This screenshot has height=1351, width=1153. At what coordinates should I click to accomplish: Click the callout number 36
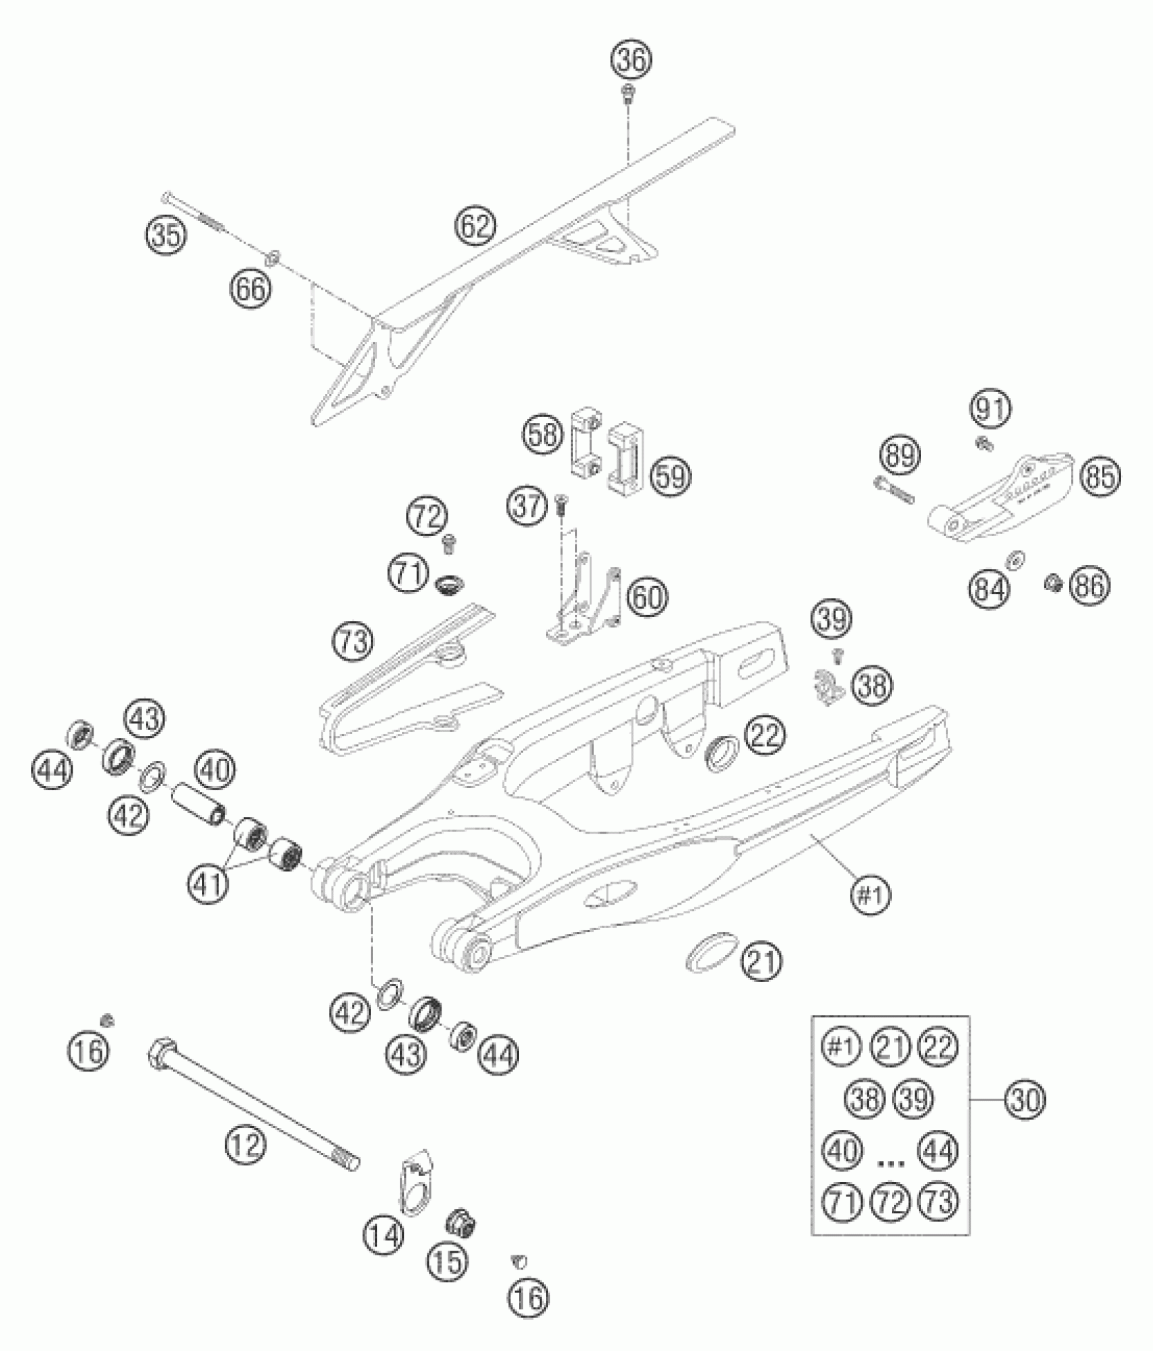pos(631,60)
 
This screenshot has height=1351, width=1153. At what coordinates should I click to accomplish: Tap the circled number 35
pos(165,236)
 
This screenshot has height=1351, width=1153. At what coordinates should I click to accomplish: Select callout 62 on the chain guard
pos(475,226)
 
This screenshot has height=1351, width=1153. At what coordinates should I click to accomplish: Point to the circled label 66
pos(249,290)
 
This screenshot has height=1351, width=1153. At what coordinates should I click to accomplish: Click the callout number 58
pos(543,435)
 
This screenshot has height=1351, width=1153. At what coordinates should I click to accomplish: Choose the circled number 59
pos(671,477)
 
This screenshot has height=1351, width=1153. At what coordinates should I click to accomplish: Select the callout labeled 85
pos(1100,477)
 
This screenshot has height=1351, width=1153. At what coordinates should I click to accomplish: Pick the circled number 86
pos(1090,585)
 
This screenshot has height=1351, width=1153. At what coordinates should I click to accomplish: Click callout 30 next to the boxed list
pos(1025,1099)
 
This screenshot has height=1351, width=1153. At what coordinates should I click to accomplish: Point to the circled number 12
pos(245,1146)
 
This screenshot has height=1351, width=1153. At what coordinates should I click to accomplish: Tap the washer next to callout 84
pos(1016,560)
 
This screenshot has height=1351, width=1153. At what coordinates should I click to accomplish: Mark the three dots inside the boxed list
pos(891,1163)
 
